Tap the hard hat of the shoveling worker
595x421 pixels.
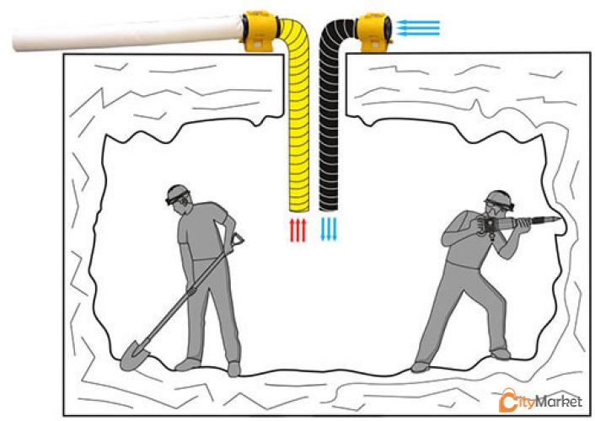[x=177, y=193]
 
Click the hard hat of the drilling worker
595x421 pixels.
[x=500, y=198]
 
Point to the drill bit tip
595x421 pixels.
[x=560, y=219]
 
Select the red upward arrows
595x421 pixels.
[x=297, y=230]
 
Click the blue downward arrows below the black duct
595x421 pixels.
[x=329, y=229]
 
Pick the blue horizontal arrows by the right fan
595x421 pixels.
[x=418, y=28]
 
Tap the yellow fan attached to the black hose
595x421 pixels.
[x=374, y=32]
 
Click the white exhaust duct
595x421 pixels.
[x=127, y=34]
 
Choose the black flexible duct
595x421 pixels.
[x=330, y=114]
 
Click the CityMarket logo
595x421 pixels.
[x=540, y=400]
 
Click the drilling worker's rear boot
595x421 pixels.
[x=420, y=367]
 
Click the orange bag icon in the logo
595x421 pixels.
[x=507, y=400]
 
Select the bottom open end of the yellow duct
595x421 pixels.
[x=299, y=210]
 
